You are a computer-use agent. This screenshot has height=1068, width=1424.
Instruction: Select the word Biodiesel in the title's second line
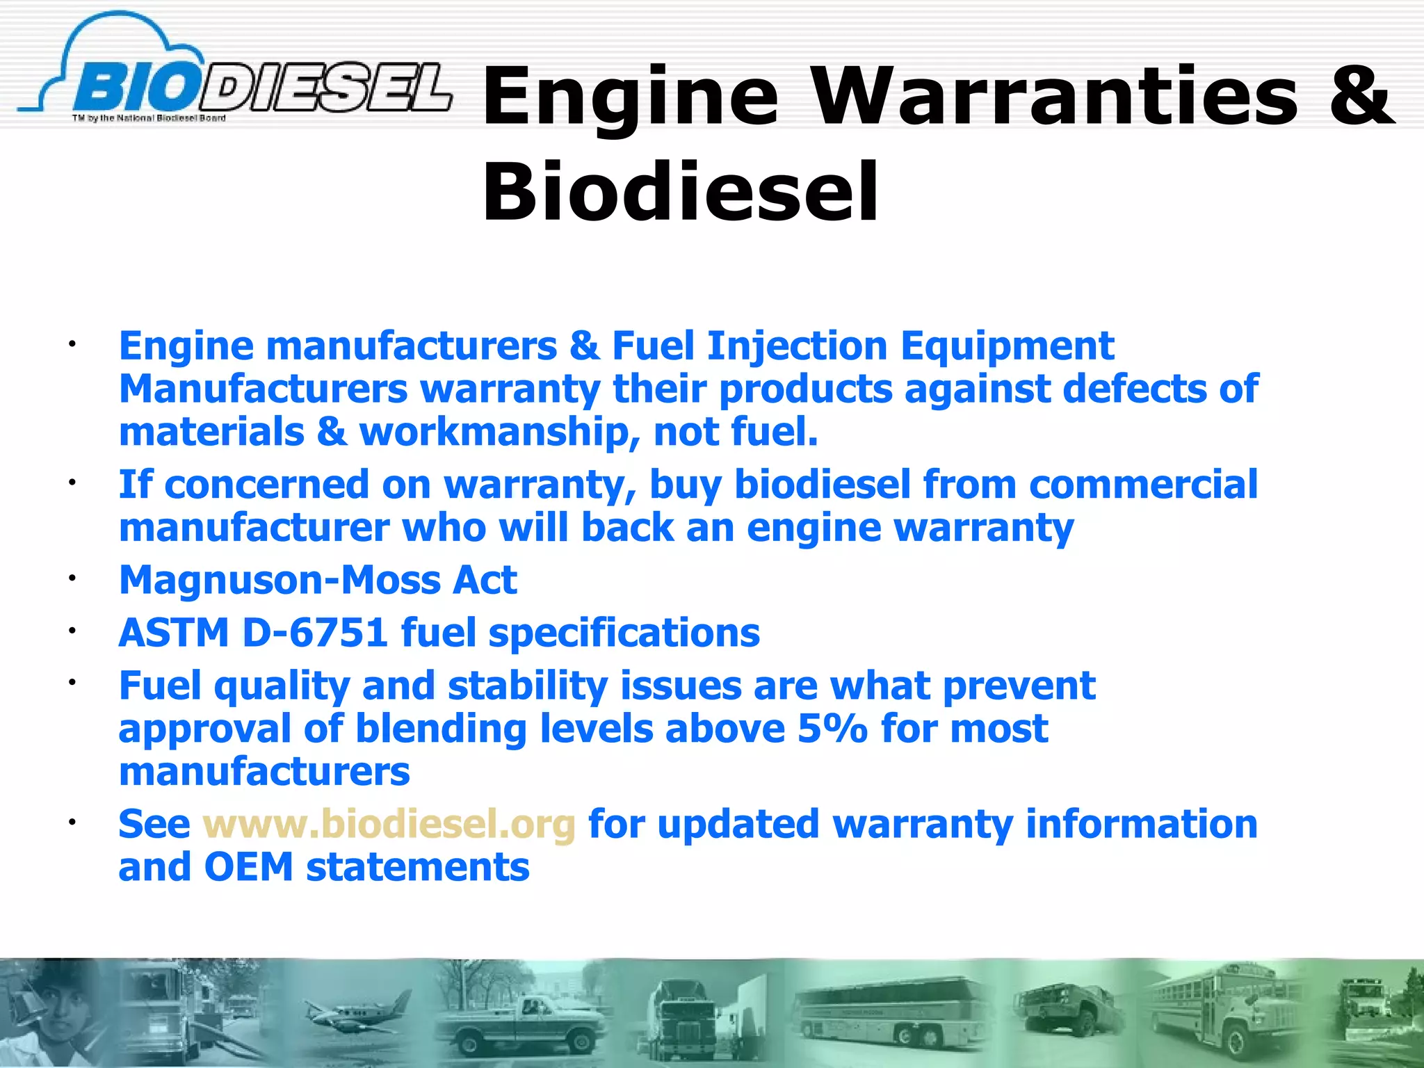coord(681,191)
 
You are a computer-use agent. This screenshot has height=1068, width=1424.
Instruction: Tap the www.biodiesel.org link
coord(389,825)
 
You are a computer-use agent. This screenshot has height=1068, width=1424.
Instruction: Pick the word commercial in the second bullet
coord(1143,485)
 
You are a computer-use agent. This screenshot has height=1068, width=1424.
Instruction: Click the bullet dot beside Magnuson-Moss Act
coord(71,576)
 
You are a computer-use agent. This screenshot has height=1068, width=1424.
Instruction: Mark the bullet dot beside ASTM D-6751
coord(71,630)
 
